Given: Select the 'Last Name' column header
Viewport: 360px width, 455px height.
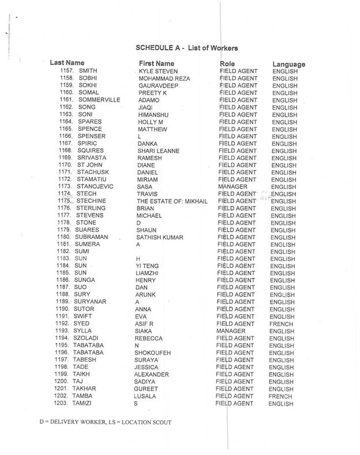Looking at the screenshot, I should pyautogui.click(x=67, y=62).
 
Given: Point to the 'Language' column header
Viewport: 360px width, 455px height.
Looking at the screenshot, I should pyautogui.click(x=288, y=64).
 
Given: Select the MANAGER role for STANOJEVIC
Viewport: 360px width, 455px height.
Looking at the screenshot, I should pyautogui.click(x=235, y=187).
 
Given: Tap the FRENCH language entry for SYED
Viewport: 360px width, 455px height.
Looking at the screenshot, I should pyautogui.click(x=282, y=324).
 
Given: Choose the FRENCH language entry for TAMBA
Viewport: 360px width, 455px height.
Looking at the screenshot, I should pyautogui.click(x=280, y=397).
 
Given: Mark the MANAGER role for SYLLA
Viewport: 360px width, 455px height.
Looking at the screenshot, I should pyautogui.click(x=232, y=332).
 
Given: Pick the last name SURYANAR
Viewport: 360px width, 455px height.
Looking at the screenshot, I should pyautogui.click(x=91, y=302).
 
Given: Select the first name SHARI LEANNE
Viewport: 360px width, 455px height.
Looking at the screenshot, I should pyautogui.click(x=158, y=151).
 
